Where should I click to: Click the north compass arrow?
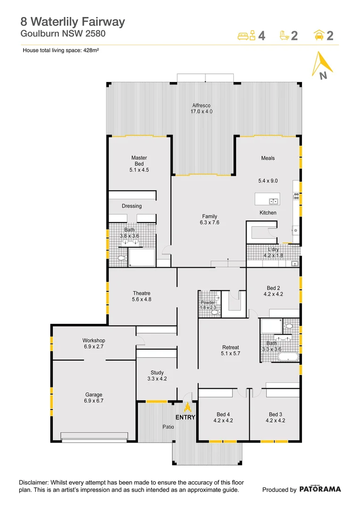pyautogui.click(x=320, y=66)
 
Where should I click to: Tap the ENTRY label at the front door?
pyautogui.click(x=185, y=418)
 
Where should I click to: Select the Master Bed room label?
pyautogui.click(x=139, y=161)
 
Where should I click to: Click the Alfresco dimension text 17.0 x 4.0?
pyautogui.click(x=202, y=112)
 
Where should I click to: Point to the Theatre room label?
pyautogui.click(x=141, y=293)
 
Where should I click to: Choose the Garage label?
pyautogui.click(x=93, y=395)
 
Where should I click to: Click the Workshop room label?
pyautogui.click(x=93, y=340)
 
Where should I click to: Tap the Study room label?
pyautogui.click(x=157, y=373)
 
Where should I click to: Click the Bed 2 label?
pyautogui.click(x=273, y=288)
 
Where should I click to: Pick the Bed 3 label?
pyautogui.click(x=275, y=414)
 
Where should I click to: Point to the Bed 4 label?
pyautogui.click(x=223, y=414)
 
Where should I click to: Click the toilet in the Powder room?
pyautogui.click(x=215, y=312)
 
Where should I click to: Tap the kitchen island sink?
pyautogui.click(x=273, y=202)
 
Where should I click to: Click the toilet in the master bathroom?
pyautogui.click(x=121, y=258)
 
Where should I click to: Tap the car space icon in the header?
pyautogui.click(x=319, y=35)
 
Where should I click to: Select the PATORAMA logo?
pyautogui.click(x=320, y=489)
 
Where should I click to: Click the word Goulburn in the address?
pyautogui.click(x=38, y=33)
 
